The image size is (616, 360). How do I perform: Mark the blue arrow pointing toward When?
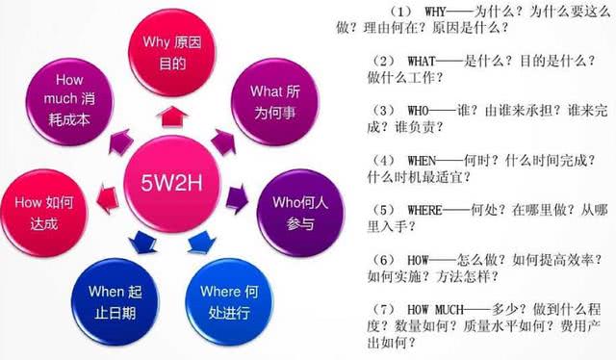[x=141, y=239]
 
